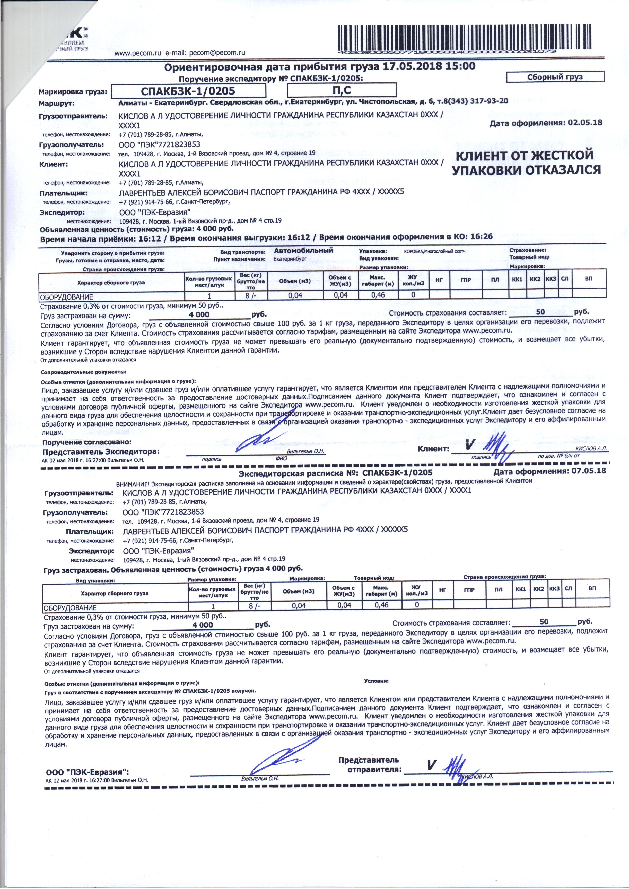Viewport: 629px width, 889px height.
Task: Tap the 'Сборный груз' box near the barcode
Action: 555,77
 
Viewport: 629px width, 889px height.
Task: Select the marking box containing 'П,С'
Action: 341,90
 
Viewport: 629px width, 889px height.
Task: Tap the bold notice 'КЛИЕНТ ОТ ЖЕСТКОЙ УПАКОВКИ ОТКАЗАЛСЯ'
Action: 526,163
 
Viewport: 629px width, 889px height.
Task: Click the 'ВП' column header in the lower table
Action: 592,588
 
